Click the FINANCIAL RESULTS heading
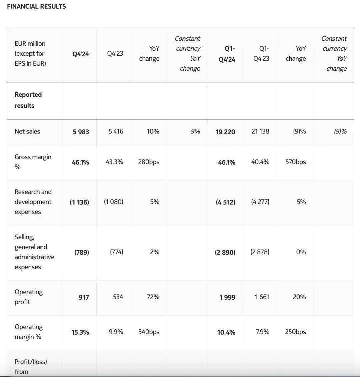click(x=36, y=6)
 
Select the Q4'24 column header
click(x=81, y=54)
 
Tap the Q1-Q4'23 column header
click(x=261, y=53)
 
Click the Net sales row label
click(x=27, y=131)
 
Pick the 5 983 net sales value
click(x=81, y=132)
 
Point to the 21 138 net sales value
click(x=260, y=131)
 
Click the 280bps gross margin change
click(x=149, y=162)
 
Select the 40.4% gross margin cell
click(x=260, y=162)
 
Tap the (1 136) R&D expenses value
click(x=79, y=202)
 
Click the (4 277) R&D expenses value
click(x=260, y=202)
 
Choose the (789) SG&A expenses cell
click(x=81, y=252)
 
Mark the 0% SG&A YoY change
click(x=301, y=252)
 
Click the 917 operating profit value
click(x=84, y=297)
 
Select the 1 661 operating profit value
click(x=262, y=297)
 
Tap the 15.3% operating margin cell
click(x=80, y=332)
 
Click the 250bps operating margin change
click(x=295, y=332)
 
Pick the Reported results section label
click(x=28, y=100)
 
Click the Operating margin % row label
click(x=29, y=332)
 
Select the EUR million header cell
click(x=30, y=53)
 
